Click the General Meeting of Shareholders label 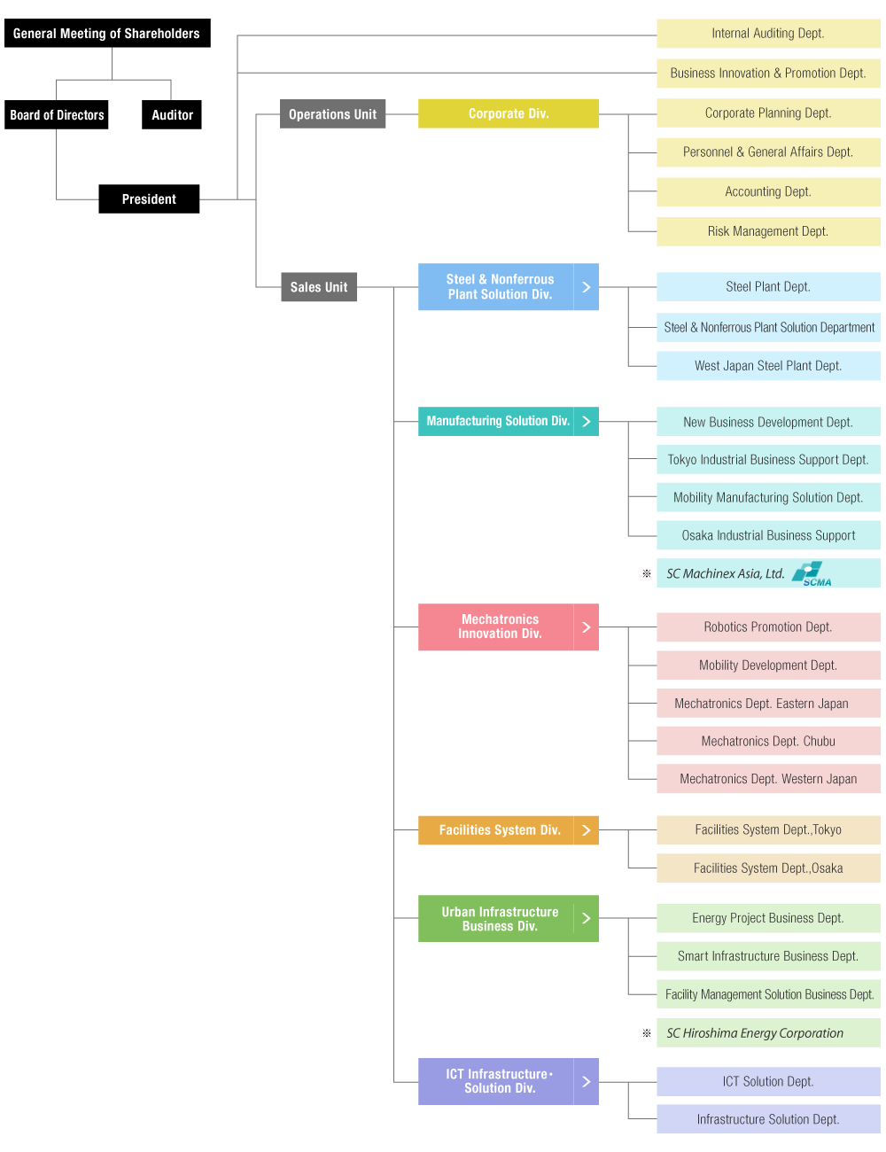point(106,34)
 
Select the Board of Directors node point(57,115)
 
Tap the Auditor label point(172,115)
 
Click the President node point(149,199)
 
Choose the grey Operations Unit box point(332,114)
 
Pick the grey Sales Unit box point(318,287)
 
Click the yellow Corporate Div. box point(508,113)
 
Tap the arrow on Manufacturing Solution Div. point(586,421)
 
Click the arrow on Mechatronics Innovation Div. point(586,627)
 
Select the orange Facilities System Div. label point(499,830)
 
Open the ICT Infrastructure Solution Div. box point(499,1081)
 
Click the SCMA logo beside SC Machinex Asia point(812,574)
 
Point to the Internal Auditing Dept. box point(767,34)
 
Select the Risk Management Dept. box point(767,231)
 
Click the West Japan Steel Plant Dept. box point(767,366)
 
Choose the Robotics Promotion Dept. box point(767,627)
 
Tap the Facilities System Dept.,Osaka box point(767,868)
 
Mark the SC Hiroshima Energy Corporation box point(767,1033)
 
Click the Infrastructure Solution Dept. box point(767,1119)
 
